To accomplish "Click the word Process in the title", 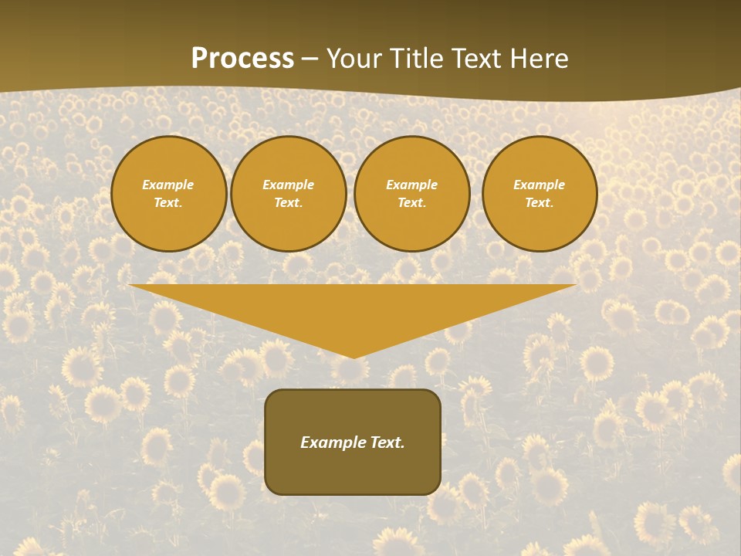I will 242,59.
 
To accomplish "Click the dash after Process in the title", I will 310,59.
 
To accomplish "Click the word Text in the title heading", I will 478,59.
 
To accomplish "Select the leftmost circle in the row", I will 168,194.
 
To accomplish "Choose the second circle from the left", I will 289,194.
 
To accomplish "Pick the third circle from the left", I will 412,194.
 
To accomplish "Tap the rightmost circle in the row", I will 540,194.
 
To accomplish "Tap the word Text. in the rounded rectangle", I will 386,442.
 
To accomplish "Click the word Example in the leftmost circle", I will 168,185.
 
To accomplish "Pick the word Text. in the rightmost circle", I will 540,202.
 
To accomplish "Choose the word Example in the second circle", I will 289,185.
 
